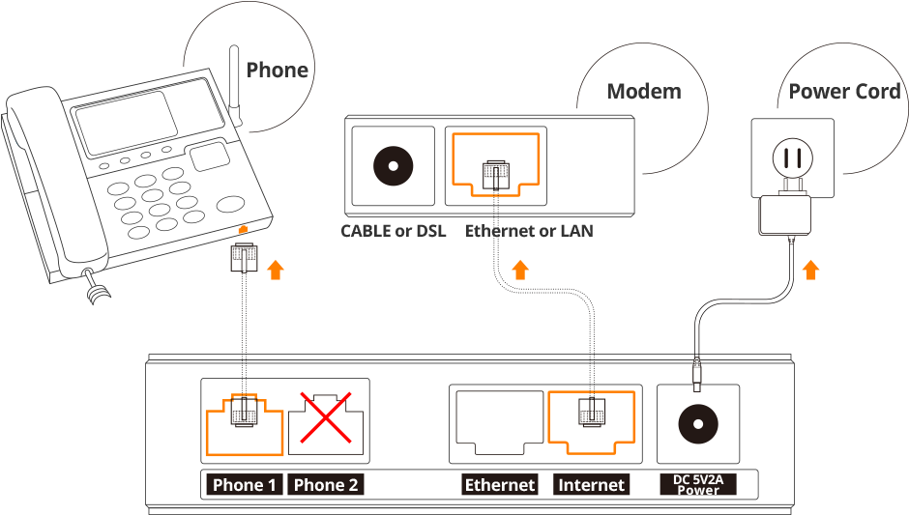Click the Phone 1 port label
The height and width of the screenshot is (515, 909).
tap(244, 485)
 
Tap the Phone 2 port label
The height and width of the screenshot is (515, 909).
tap(325, 485)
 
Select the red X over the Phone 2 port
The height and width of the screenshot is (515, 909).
tap(325, 417)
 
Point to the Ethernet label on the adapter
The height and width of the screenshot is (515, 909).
tap(499, 485)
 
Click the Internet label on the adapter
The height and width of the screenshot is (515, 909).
tap(591, 485)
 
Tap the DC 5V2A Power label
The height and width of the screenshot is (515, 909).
tap(698, 485)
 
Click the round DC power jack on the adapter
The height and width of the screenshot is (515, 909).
tap(698, 424)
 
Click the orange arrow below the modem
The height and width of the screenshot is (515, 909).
tap(520, 270)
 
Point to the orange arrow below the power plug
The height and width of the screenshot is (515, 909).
tap(810, 270)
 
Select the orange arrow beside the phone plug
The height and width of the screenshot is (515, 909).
tap(275, 269)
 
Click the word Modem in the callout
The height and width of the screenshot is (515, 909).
tap(644, 92)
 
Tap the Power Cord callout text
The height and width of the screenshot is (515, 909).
tap(844, 92)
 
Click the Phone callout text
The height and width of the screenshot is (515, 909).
tap(278, 71)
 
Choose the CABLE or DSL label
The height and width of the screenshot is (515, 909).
tap(394, 232)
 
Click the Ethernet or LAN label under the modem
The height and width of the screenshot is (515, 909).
tap(529, 232)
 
